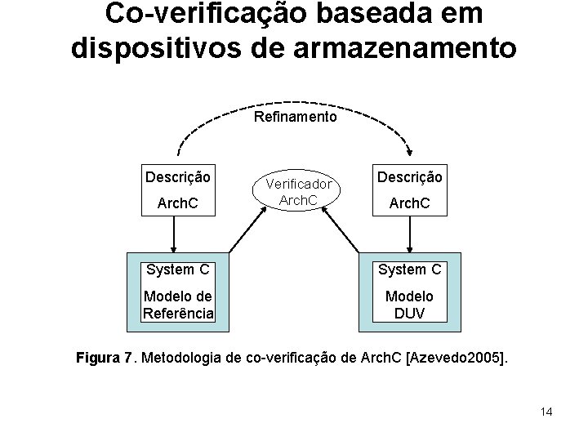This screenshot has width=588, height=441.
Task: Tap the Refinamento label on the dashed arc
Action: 295,117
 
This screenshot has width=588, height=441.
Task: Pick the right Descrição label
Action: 410,177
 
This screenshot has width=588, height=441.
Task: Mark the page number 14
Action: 546,412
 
